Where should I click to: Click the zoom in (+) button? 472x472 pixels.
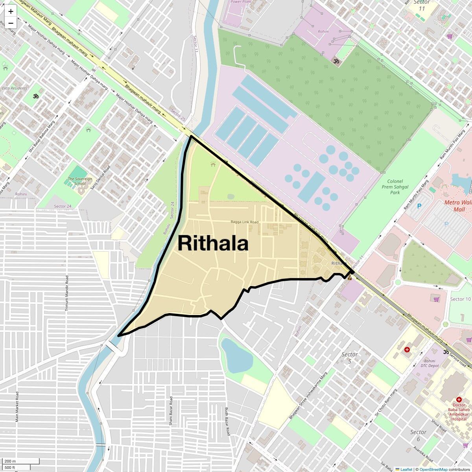coord(11,11)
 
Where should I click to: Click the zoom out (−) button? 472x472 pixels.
coord(11,23)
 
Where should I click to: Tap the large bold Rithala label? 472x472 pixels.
coord(213,243)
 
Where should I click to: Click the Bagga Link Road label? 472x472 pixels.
coord(244,222)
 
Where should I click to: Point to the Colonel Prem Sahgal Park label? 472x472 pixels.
coord(395,187)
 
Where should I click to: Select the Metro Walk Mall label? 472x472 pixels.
coord(458,206)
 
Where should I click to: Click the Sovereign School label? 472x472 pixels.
coord(80,181)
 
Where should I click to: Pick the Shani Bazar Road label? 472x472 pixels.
coord(171,411)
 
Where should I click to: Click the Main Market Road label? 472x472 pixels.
coord(17,407)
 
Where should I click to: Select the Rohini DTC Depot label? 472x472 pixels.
coord(430,363)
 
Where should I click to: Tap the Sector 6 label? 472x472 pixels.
coord(418,435)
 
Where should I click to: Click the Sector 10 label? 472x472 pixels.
coord(460,299)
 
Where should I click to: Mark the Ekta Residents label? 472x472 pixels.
coord(14,88)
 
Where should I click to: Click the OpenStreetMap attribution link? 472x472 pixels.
coord(433,469)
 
